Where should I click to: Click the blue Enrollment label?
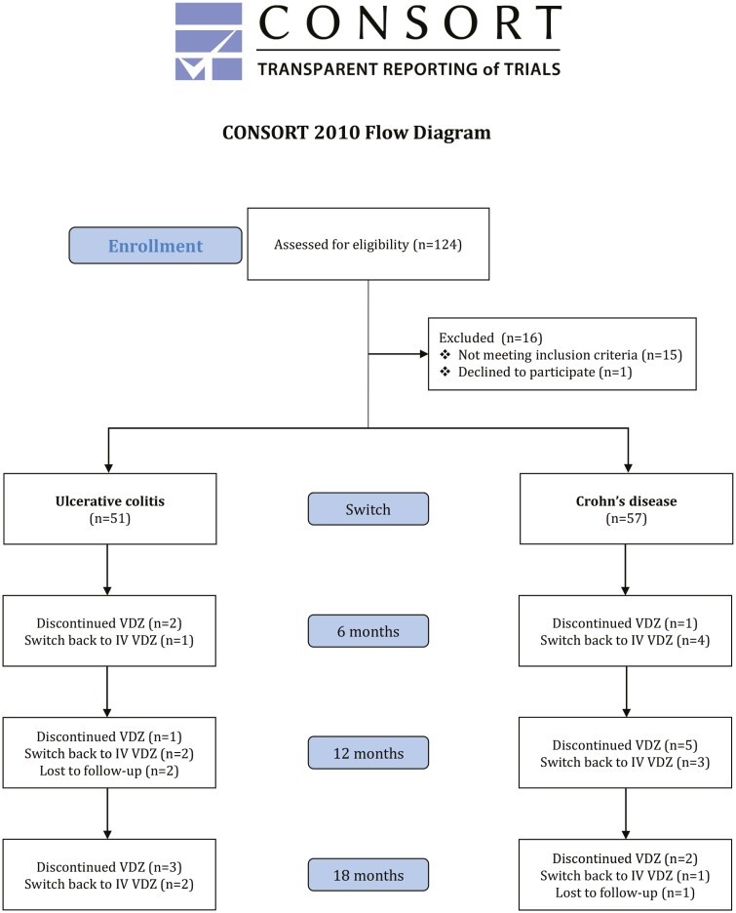[x=155, y=246]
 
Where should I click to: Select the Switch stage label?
[x=368, y=509]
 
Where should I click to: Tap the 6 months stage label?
[x=368, y=631]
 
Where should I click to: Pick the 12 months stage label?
[x=368, y=753]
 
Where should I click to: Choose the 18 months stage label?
[x=368, y=875]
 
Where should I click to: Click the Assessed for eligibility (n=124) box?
[x=368, y=244]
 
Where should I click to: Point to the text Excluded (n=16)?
[x=490, y=337]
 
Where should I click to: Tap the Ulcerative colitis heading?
[x=110, y=501]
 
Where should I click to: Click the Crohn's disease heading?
[x=627, y=501]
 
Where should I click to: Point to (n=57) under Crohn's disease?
[x=627, y=518]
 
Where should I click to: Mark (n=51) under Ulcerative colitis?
[x=110, y=518]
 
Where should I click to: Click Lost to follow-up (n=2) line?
[x=109, y=771]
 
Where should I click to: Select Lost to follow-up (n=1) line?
[x=626, y=893]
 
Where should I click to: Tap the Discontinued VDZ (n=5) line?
[x=625, y=745]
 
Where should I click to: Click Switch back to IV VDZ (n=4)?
[x=625, y=641]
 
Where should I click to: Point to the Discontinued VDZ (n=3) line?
[x=109, y=867]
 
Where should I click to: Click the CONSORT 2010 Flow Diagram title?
[x=357, y=133]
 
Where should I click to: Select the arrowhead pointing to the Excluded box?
[x=424, y=353]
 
